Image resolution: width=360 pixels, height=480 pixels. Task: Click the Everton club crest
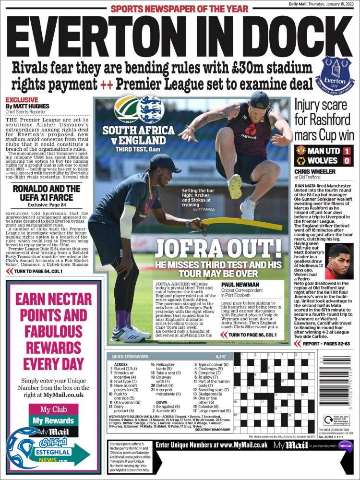tap(337, 76)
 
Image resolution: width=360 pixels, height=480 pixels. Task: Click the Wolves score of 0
tap(346, 160)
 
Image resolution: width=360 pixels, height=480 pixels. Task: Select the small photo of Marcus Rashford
tap(339, 261)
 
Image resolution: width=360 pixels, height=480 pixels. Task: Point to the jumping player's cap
tap(260, 99)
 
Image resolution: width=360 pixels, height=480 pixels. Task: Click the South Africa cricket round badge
tap(125, 109)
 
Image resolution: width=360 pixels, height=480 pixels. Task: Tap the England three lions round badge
tap(150, 109)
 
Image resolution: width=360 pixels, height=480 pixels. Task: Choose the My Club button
tap(53, 409)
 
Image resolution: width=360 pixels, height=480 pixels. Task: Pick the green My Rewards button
tap(53, 421)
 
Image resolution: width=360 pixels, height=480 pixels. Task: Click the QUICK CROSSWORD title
tap(131, 356)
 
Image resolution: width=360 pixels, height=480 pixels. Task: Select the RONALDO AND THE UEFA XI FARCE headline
tap(47, 192)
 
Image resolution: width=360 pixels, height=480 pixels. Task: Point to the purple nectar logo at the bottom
tap(345, 445)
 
